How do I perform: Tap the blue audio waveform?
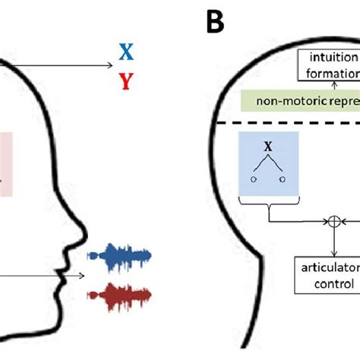pos(119,256)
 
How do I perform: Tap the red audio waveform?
pos(119,292)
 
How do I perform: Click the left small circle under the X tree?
pos(252,180)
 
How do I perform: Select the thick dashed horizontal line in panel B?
pos(289,123)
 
